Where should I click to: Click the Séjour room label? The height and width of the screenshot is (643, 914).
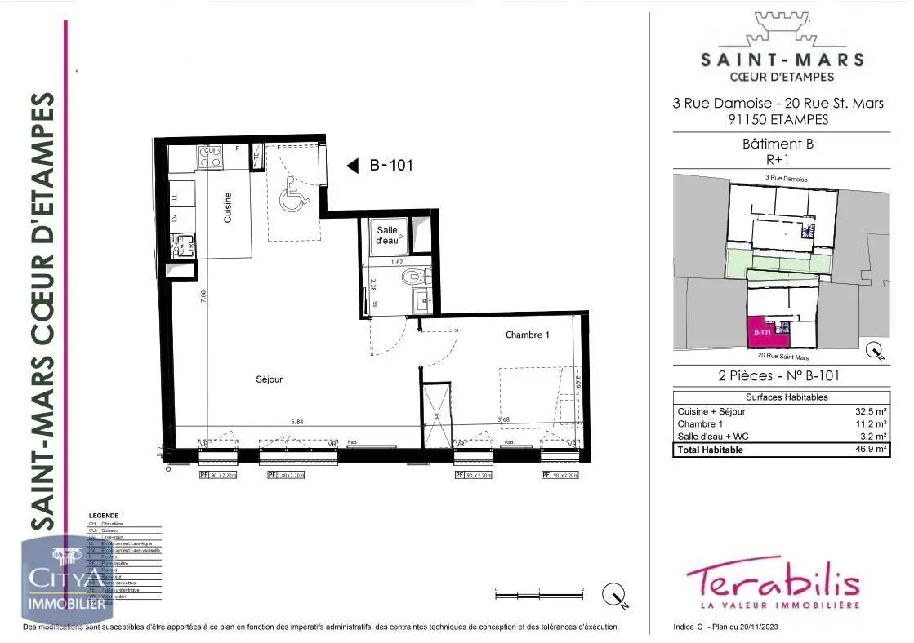(x=269, y=379)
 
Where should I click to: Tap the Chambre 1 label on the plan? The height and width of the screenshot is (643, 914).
(x=527, y=335)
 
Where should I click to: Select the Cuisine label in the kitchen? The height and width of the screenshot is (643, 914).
(x=228, y=207)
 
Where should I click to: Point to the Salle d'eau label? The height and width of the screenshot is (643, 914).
(x=386, y=236)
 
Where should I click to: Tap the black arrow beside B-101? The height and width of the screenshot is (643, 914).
(x=353, y=166)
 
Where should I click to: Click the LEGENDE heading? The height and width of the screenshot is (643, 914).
(x=104, y=516)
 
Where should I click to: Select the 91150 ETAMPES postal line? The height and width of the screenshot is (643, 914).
(x=778, y=119)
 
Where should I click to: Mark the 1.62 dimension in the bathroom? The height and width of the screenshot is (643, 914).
(x=397, y=262)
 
